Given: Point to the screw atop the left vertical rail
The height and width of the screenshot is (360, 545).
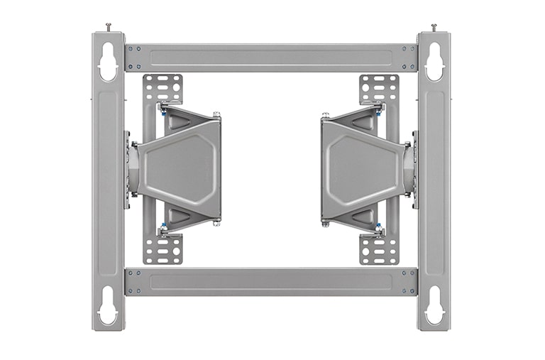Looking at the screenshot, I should pos(109,27).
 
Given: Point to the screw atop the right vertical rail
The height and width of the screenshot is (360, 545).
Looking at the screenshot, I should pos(434,27).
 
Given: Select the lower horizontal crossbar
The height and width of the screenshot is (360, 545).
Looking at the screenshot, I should pos(270,281).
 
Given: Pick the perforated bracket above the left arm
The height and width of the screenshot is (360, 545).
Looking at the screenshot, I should pos(163,88).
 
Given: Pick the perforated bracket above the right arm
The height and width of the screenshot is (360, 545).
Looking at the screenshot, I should pos(379,88).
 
